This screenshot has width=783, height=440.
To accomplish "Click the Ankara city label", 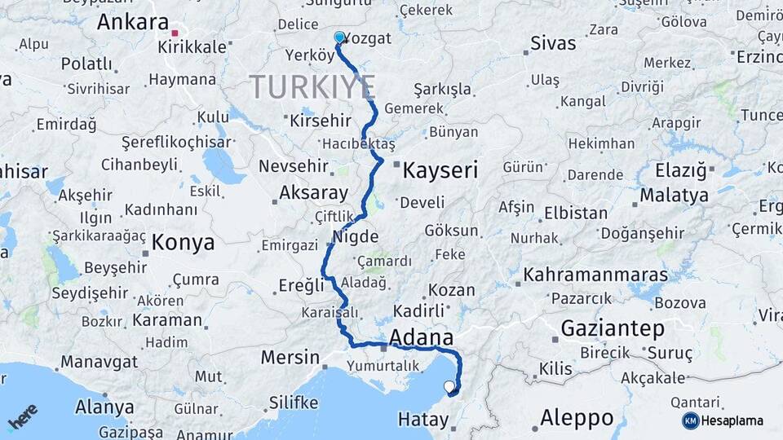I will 132,22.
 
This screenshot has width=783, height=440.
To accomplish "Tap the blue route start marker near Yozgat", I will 339,37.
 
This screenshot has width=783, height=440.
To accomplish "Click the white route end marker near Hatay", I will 449,386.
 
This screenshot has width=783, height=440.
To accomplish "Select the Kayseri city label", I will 440,170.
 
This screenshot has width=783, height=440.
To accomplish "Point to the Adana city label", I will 422,337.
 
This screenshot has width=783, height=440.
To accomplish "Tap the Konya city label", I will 184,242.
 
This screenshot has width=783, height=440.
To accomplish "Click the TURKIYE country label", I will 312,86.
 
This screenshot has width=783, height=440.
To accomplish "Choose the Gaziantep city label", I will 613,328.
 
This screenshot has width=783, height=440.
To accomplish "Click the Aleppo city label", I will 577,418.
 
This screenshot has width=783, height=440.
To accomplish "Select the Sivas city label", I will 552,43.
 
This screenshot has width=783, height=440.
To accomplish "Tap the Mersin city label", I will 290,357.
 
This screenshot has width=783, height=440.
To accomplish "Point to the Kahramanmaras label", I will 595,274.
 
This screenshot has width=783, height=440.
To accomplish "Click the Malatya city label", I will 674,196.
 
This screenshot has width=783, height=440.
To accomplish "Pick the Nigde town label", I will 356,237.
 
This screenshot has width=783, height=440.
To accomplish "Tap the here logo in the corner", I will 22,418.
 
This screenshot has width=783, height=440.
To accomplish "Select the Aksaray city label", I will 313,193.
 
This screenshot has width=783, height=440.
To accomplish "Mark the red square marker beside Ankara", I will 175,33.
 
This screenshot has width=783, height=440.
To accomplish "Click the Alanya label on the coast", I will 104,407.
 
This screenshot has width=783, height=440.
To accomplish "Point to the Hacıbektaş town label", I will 358,143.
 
